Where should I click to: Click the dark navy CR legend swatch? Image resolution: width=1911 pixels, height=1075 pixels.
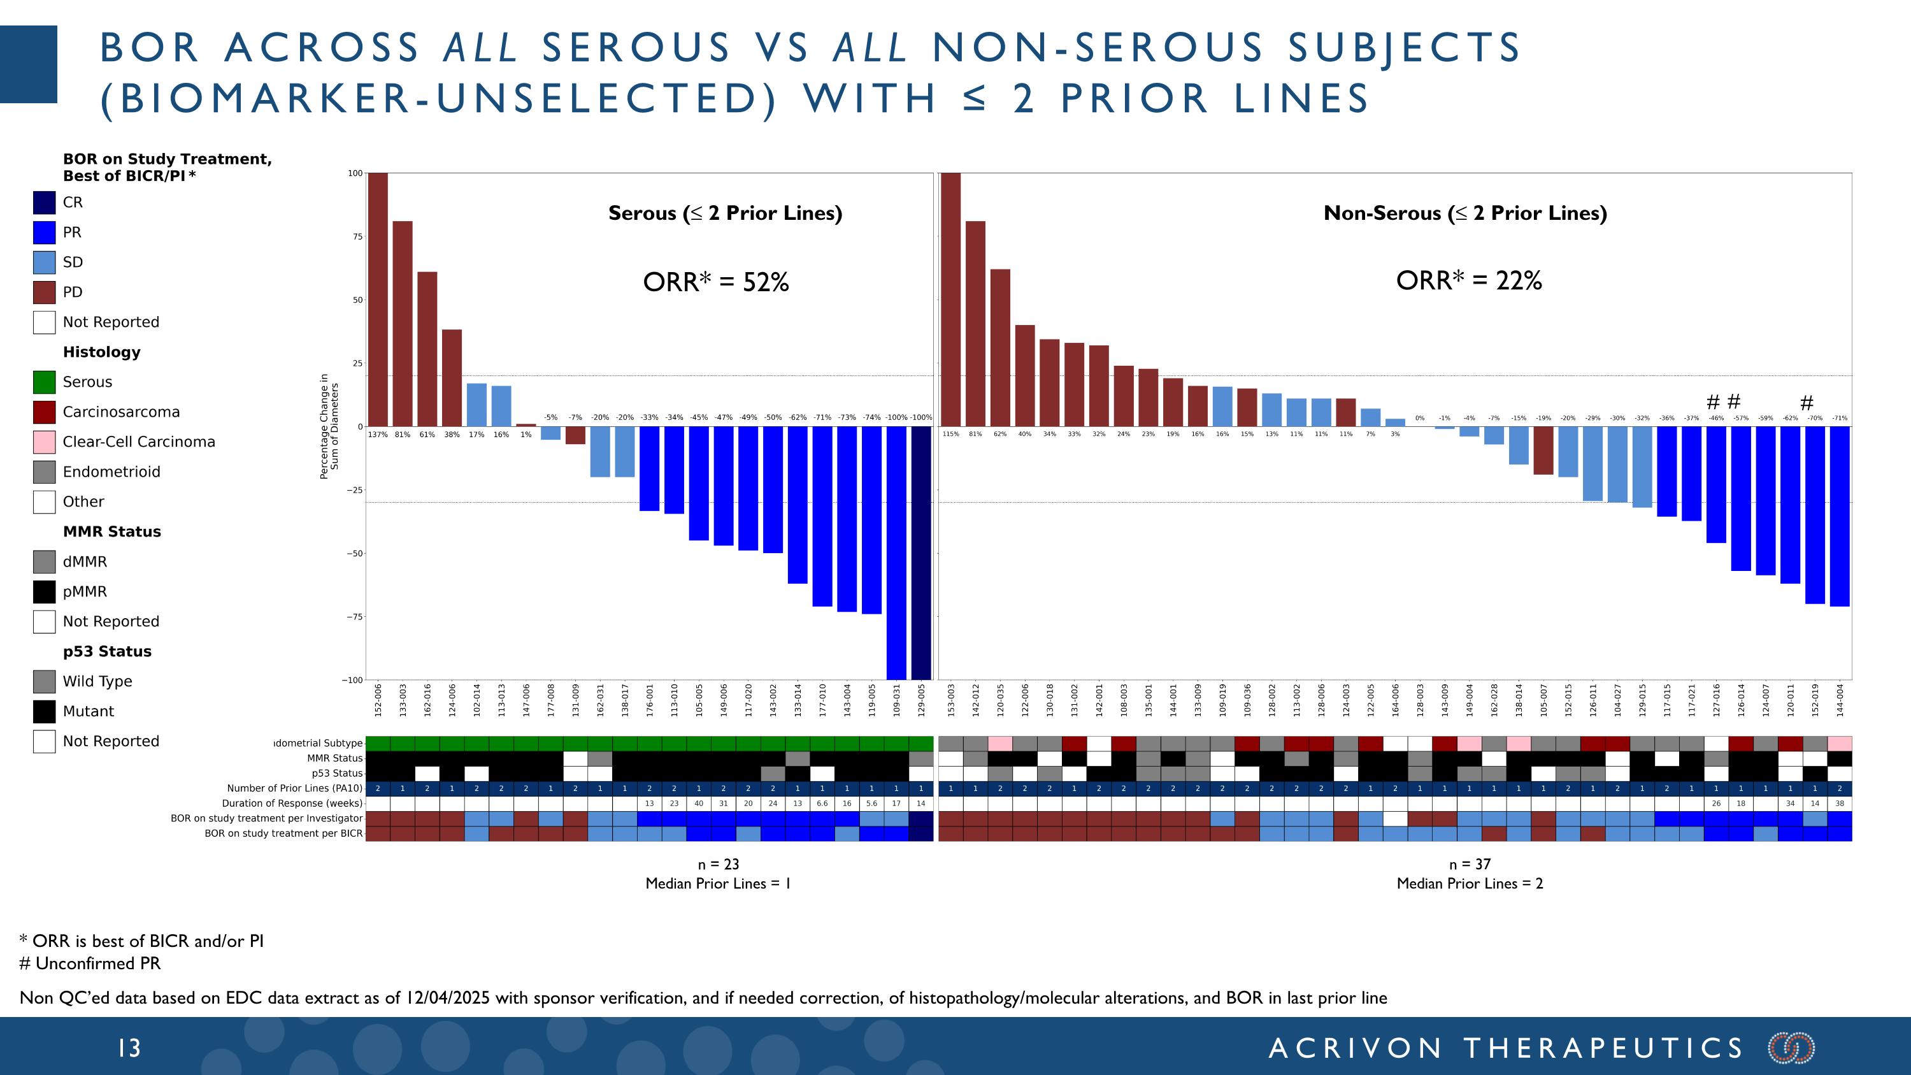coord(44,203)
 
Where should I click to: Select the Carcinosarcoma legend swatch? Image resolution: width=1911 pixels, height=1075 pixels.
coord(44,412)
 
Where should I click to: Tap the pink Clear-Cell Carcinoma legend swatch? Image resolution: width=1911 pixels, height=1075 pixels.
coord(44,442)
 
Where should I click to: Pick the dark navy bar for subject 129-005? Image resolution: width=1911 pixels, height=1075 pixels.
coord(920,552)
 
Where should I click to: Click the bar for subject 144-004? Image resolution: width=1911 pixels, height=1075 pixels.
coord(1839,516)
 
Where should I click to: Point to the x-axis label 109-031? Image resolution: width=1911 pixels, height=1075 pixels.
coord(896,700)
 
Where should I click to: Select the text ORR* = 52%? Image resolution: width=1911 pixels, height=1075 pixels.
coord(716,282)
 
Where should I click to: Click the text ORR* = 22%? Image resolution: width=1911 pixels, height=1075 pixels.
coord(1469,280)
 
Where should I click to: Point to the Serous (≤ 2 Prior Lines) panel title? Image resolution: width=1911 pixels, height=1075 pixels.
coord(725,213)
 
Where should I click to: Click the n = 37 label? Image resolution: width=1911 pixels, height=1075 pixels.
coord(1469,863)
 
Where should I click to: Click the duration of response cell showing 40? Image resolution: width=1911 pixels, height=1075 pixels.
coord(698,804)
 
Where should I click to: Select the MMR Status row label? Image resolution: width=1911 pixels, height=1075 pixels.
coord(334,758)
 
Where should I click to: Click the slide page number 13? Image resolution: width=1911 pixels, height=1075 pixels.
coord(129,1048)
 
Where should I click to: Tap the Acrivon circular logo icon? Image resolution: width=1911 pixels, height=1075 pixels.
coord(1791,1048)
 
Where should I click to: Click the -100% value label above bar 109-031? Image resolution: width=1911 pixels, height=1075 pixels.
coord(896,417)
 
